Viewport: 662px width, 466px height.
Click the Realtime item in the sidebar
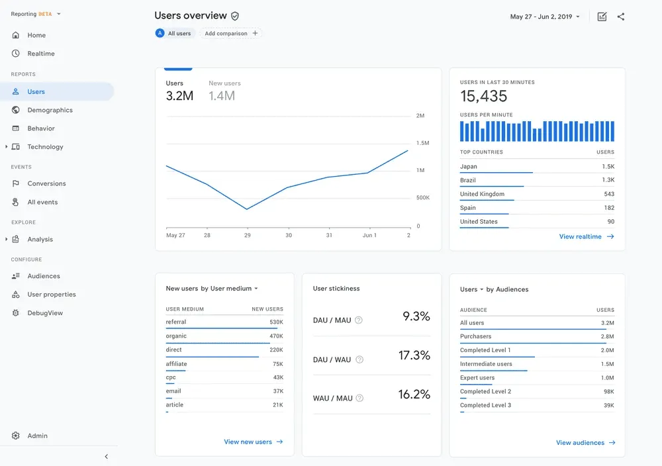point(40,54)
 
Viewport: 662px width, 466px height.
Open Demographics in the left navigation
point(50,110)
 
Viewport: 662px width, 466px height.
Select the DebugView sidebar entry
point(44,313)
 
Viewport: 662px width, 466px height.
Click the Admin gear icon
point(16,436)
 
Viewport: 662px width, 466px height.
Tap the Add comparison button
point(231,33)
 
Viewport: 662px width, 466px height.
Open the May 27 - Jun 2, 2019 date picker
point(545,17)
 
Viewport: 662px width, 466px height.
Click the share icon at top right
point(620,17)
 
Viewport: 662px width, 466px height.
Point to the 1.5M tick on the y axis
point(422,143)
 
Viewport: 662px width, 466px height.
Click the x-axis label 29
point(248,235)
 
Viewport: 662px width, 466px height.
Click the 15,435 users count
point(484,96)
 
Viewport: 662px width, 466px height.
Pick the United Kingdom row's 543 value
point(608,194)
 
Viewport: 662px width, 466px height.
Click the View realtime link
point(587,236)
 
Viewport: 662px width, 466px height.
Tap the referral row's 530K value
point(276,322)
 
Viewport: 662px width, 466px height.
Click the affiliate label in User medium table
point(176,363)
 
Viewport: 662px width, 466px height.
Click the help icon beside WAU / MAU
point(359,398)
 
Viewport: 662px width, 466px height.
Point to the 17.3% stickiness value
point(414,355)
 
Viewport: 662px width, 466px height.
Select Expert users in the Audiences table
point(477,377)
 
